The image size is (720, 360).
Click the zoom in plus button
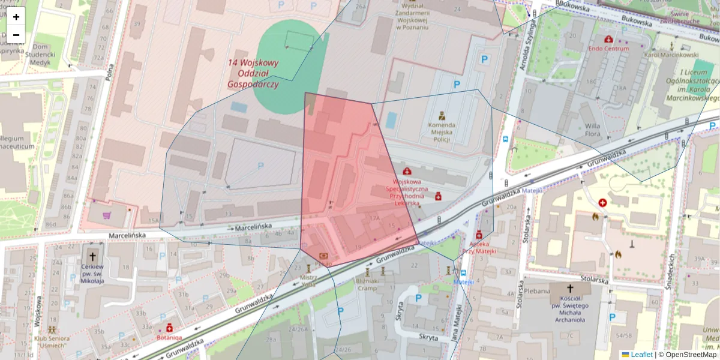tap(16, 17)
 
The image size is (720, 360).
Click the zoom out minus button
tap(16, 34)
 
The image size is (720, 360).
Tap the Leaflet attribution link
tap(641, 355)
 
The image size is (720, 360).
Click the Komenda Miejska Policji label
tap(442, 132)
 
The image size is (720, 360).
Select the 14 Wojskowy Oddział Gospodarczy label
tap(253, 73)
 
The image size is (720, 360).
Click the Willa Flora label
tap(593, 130)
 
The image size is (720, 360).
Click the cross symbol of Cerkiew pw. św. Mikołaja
tap(92, 256)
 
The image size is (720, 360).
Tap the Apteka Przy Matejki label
tap(479, 248)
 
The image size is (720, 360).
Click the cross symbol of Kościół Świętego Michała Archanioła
tap(570, 289)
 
